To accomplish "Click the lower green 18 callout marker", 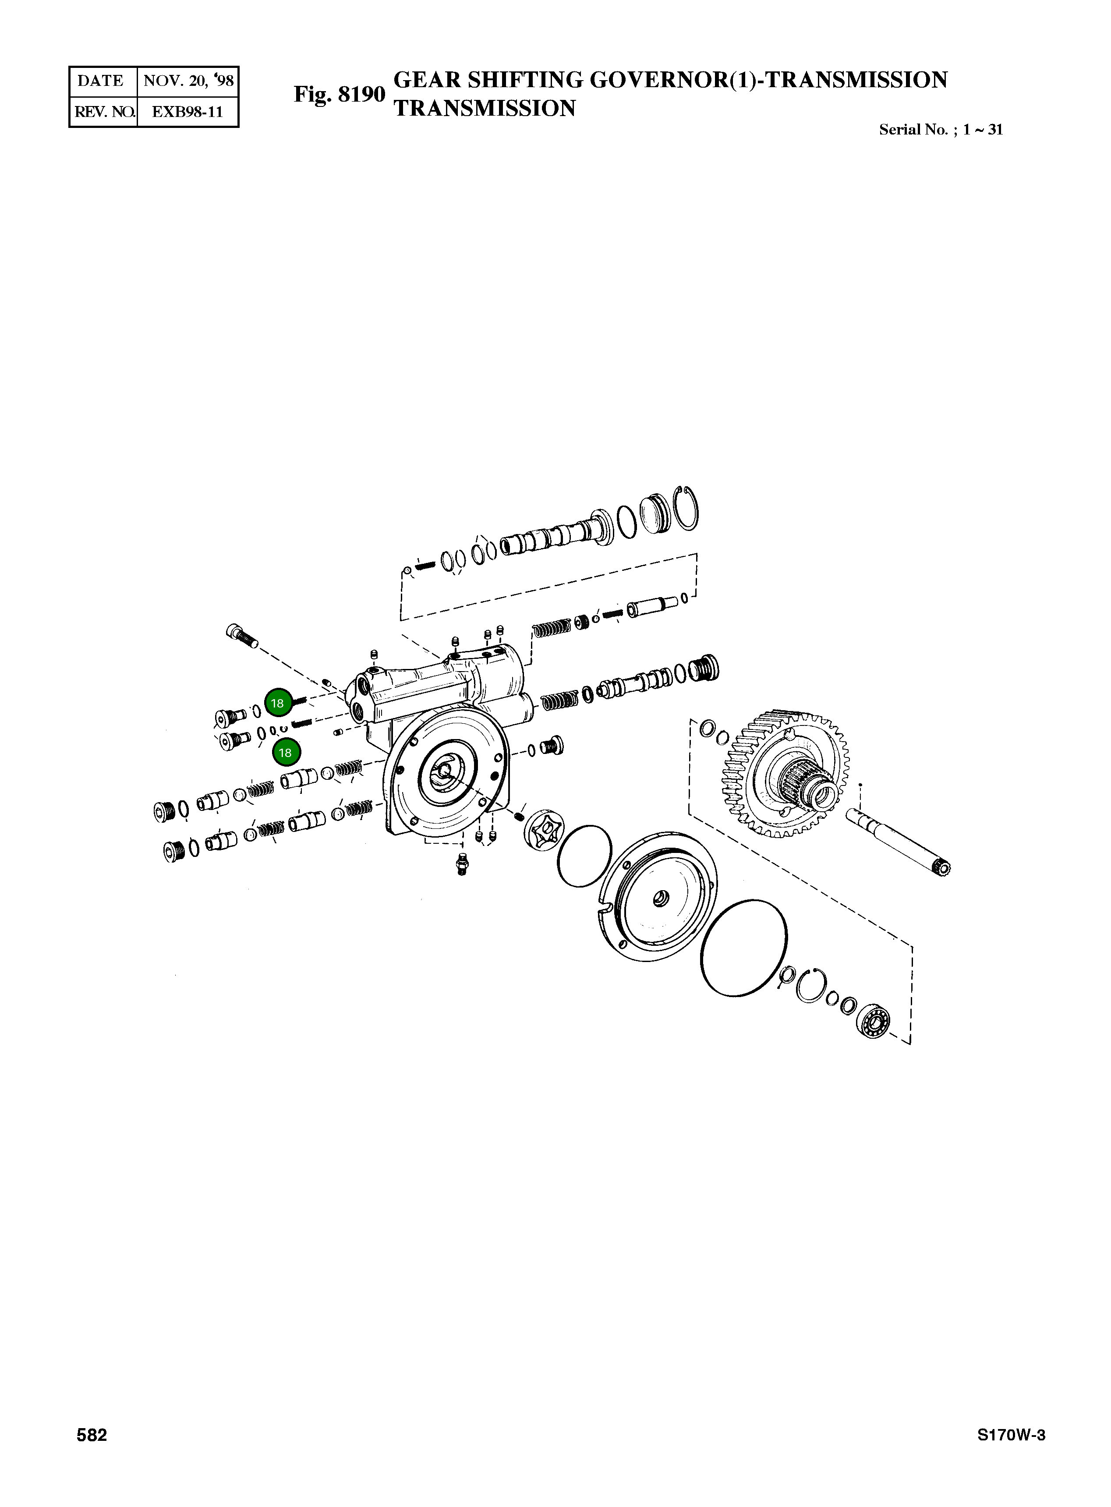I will click(285, 753).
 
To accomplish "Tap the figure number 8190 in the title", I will click(340, 95).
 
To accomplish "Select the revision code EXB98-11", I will click(187, 112).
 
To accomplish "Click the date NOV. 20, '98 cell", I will click(188, 81).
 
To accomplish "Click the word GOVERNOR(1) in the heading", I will click(675, 80).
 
